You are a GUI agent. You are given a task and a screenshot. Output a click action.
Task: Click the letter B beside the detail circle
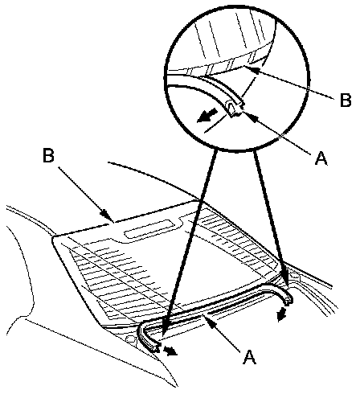(x=346, y=101)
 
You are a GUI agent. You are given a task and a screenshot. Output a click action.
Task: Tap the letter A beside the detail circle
(x=321, y=158)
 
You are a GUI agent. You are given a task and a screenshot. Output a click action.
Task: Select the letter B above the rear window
(x=48, y=155)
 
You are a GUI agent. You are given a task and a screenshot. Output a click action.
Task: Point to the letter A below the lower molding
(x=249, y=357)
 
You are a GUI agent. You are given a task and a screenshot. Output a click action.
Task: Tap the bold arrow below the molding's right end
(x=281, y=314)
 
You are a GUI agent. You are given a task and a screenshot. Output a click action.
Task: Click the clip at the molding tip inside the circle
(x=235, y=108)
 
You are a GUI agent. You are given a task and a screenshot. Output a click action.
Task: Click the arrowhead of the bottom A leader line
(x=209, y=320)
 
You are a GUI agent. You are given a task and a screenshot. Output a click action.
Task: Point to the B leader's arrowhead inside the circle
(x=251, y=69)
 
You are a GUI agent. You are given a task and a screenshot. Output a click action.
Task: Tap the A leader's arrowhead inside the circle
(x=247, y=116)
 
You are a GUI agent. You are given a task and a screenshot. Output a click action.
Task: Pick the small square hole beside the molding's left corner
(x=130, y=339)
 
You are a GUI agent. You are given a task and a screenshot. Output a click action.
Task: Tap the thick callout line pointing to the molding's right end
(x=271, y=220)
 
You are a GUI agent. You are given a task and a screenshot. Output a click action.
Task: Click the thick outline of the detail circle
(x=164, y=78)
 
